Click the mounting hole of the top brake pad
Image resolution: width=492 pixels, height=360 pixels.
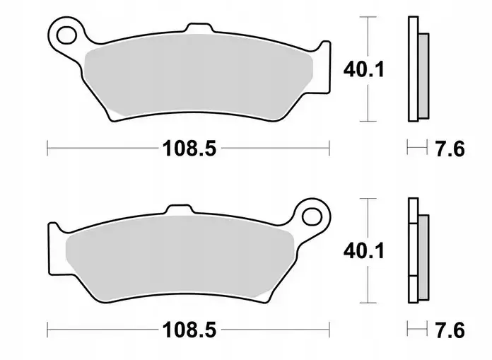coord(67,35)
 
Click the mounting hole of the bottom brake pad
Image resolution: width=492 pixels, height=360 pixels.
coord(312,217)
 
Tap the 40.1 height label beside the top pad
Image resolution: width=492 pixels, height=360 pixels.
coord(363,69)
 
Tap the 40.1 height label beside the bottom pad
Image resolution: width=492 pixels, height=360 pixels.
coord(363,251)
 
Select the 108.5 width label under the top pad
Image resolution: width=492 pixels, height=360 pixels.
coord(189,149)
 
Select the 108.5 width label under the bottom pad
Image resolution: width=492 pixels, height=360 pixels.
coord(189,330)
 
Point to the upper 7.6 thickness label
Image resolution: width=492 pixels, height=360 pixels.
coord(450,149)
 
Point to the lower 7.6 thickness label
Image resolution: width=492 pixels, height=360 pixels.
coord(450,330)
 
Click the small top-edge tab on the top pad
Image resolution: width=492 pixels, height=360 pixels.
coord(200,28)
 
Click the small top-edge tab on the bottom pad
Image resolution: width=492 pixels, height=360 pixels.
coord(179,209)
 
